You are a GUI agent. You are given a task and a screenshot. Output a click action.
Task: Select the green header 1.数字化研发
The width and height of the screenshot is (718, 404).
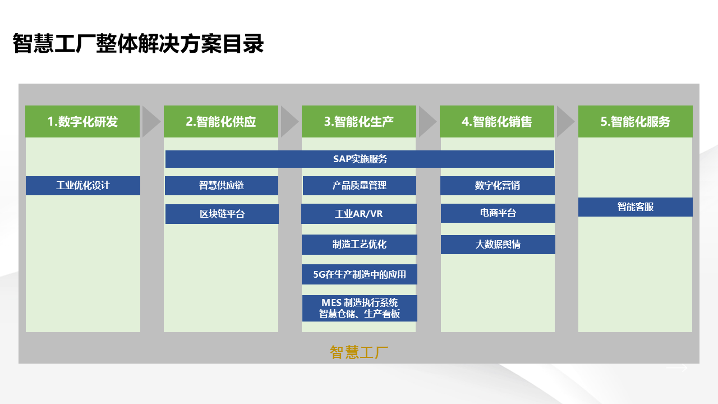click(x=82, y=121)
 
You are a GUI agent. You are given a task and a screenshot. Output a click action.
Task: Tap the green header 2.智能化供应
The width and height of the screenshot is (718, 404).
click(x=221, y=121)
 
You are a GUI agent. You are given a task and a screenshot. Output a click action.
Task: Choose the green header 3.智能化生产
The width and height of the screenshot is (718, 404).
click(x=359, y=121)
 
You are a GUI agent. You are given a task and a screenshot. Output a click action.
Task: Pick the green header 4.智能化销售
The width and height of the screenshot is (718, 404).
click(x=497, y=121)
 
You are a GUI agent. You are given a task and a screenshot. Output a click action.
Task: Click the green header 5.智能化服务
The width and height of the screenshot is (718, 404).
click(x=636, y=121)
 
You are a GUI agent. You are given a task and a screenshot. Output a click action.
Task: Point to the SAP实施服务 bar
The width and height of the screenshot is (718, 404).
click(x=360, y=159)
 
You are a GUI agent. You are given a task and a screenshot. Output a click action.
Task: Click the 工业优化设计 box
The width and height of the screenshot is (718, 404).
click(x=83, y=186)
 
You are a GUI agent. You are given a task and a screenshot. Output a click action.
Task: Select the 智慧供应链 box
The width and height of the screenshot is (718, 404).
click(x=222, y=186)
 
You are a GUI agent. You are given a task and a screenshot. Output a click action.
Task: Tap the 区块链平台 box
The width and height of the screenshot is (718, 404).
click(x=222, y=214)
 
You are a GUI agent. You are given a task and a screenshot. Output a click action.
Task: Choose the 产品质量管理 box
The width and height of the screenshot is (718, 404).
click(x=360, y=186)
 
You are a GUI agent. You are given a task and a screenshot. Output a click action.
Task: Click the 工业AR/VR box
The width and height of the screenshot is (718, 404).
click(x=359, y=214)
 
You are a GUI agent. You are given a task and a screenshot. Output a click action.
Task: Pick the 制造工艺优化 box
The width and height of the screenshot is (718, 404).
click(x=360, y=245)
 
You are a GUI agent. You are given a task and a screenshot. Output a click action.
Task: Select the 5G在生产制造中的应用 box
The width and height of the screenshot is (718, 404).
click(x=360, y=274)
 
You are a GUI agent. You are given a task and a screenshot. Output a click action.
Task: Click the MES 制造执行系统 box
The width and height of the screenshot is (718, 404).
click(x=360, y=308)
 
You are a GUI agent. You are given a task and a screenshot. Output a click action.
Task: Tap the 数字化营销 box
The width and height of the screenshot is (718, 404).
click(x=498, y=186)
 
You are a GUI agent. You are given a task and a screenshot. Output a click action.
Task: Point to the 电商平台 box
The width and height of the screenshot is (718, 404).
click(x=498, y=213)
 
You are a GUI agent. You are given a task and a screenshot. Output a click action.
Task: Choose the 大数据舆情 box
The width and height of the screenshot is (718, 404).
click(x=498, y=245)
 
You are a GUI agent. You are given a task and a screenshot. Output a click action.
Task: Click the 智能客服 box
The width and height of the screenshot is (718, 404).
click(x=636, y=207)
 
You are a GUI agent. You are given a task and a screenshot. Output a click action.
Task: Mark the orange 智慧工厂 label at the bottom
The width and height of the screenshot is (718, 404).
click(x=359, y=352)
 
